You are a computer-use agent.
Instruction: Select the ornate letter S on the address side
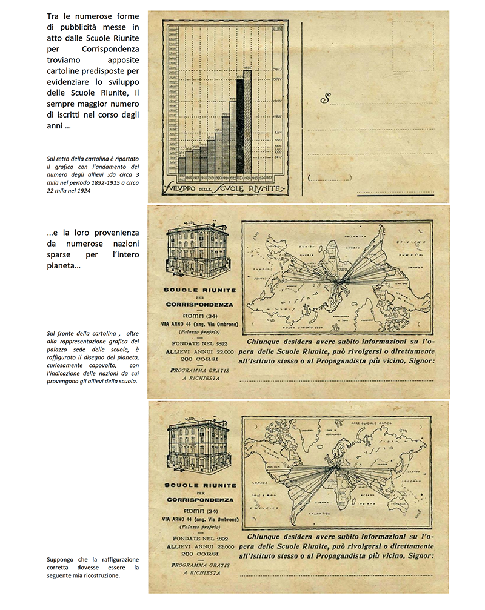click(x=326, y=98)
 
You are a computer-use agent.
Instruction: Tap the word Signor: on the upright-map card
click(x=419, y=555)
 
